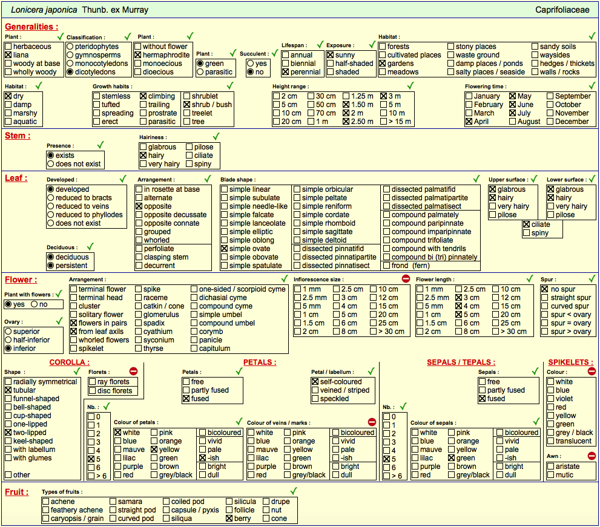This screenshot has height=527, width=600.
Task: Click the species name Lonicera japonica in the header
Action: pyautogui.click(x=44, y=10)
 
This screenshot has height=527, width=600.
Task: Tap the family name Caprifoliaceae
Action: pyautogui.click(x=562, y=10)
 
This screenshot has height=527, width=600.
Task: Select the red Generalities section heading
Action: pyautogui.click(x=31, y=27)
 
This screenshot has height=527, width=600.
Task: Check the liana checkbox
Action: pyautogui.click(x=8, y=55)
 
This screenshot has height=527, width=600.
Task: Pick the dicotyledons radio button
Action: pyautogui.click(x=70, y=72)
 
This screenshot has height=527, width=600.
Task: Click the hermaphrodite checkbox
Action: pyautogui.click(x=138, y=55)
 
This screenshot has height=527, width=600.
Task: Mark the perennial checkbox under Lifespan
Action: pyautogui.click(x=285, y=72)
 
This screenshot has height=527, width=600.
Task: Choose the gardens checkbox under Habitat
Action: pyautogui.click(x=382, y=64)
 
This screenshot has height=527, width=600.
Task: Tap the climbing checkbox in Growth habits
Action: pyautogui.click(x=143, y=96)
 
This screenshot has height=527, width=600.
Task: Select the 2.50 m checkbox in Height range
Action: pyautogui.click(x=346, y=122)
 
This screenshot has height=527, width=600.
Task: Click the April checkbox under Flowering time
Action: pyautogui.click(x=469, y=122)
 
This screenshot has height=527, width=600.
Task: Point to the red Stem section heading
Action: pyautogui.click(x=18, y=136)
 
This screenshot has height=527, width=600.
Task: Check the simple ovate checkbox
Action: pyautogui.click(x=225, y=249)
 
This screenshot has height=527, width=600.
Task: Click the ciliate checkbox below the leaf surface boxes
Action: pyautogui.click(x=527, y=224)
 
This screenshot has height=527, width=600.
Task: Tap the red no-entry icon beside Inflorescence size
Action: pyautogui.click(x=406, y=278)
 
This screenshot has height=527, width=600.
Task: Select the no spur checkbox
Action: pyautogui.click(x=545, y=289)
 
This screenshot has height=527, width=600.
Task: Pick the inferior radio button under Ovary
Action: pyautogui.click(x=8, y=349)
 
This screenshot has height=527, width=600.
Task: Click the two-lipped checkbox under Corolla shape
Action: pyautogui.click(x=8, y=433)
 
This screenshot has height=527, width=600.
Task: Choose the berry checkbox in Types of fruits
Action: pyautogui.click(x=229, y=519)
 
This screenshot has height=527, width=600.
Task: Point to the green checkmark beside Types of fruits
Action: pyautogui.click(x=294, y=491)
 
